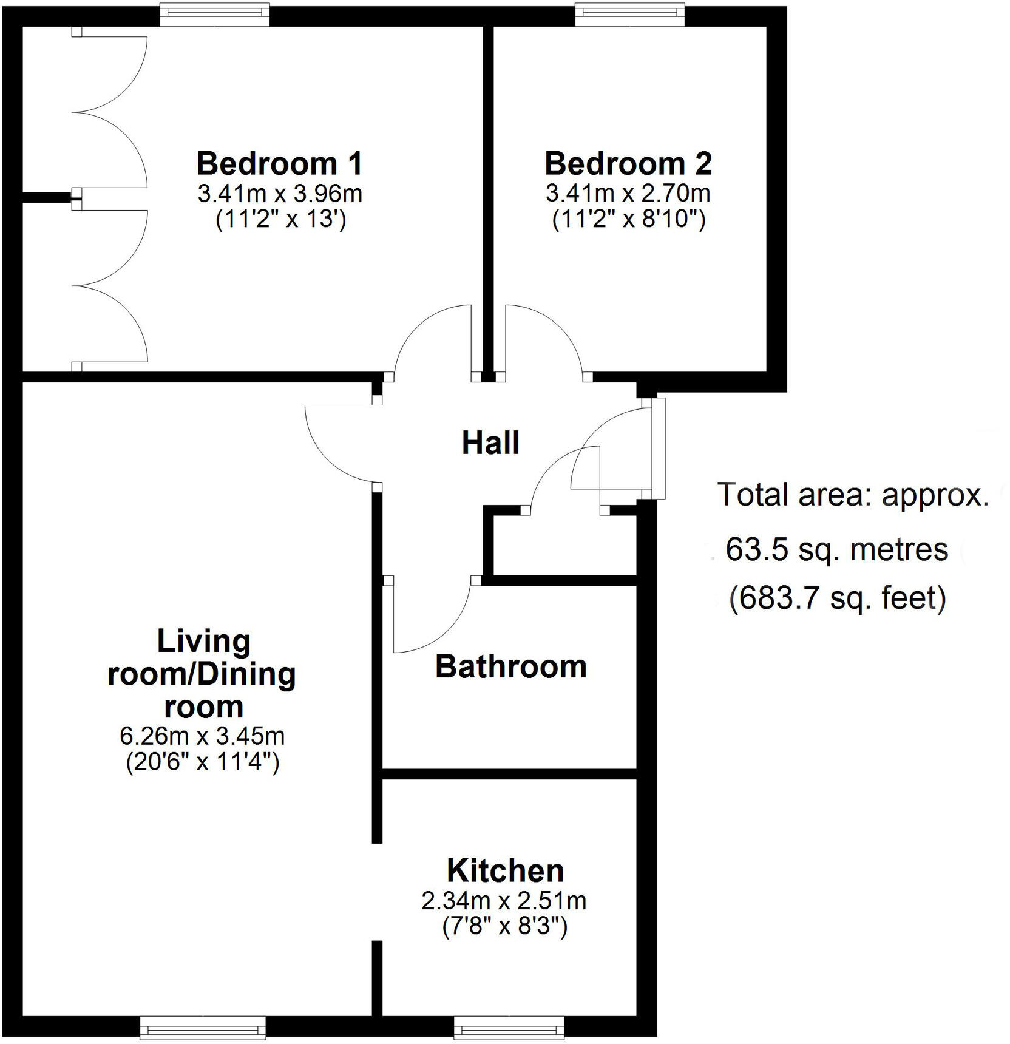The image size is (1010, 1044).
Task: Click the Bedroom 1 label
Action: pos(280,164)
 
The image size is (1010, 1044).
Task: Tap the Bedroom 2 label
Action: pos(628,164)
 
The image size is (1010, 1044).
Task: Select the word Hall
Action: pos(490,443)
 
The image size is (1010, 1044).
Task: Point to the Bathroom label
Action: pos(511,666)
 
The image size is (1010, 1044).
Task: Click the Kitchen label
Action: pos(505,871)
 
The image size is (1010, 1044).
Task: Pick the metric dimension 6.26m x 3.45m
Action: pos(202,736)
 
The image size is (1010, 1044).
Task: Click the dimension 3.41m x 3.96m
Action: pos(280,194)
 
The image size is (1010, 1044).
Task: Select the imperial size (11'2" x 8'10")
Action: pos(629,219)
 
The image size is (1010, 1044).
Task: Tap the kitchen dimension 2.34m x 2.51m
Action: pos(504,901)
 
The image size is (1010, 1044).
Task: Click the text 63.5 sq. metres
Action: pos(836,550)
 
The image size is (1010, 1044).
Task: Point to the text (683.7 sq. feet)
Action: pos(838,598)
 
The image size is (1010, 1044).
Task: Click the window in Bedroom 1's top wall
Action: pos(214,15)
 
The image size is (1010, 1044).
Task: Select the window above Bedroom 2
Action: pos(630,15)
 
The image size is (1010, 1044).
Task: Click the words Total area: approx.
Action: pos(853,495)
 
